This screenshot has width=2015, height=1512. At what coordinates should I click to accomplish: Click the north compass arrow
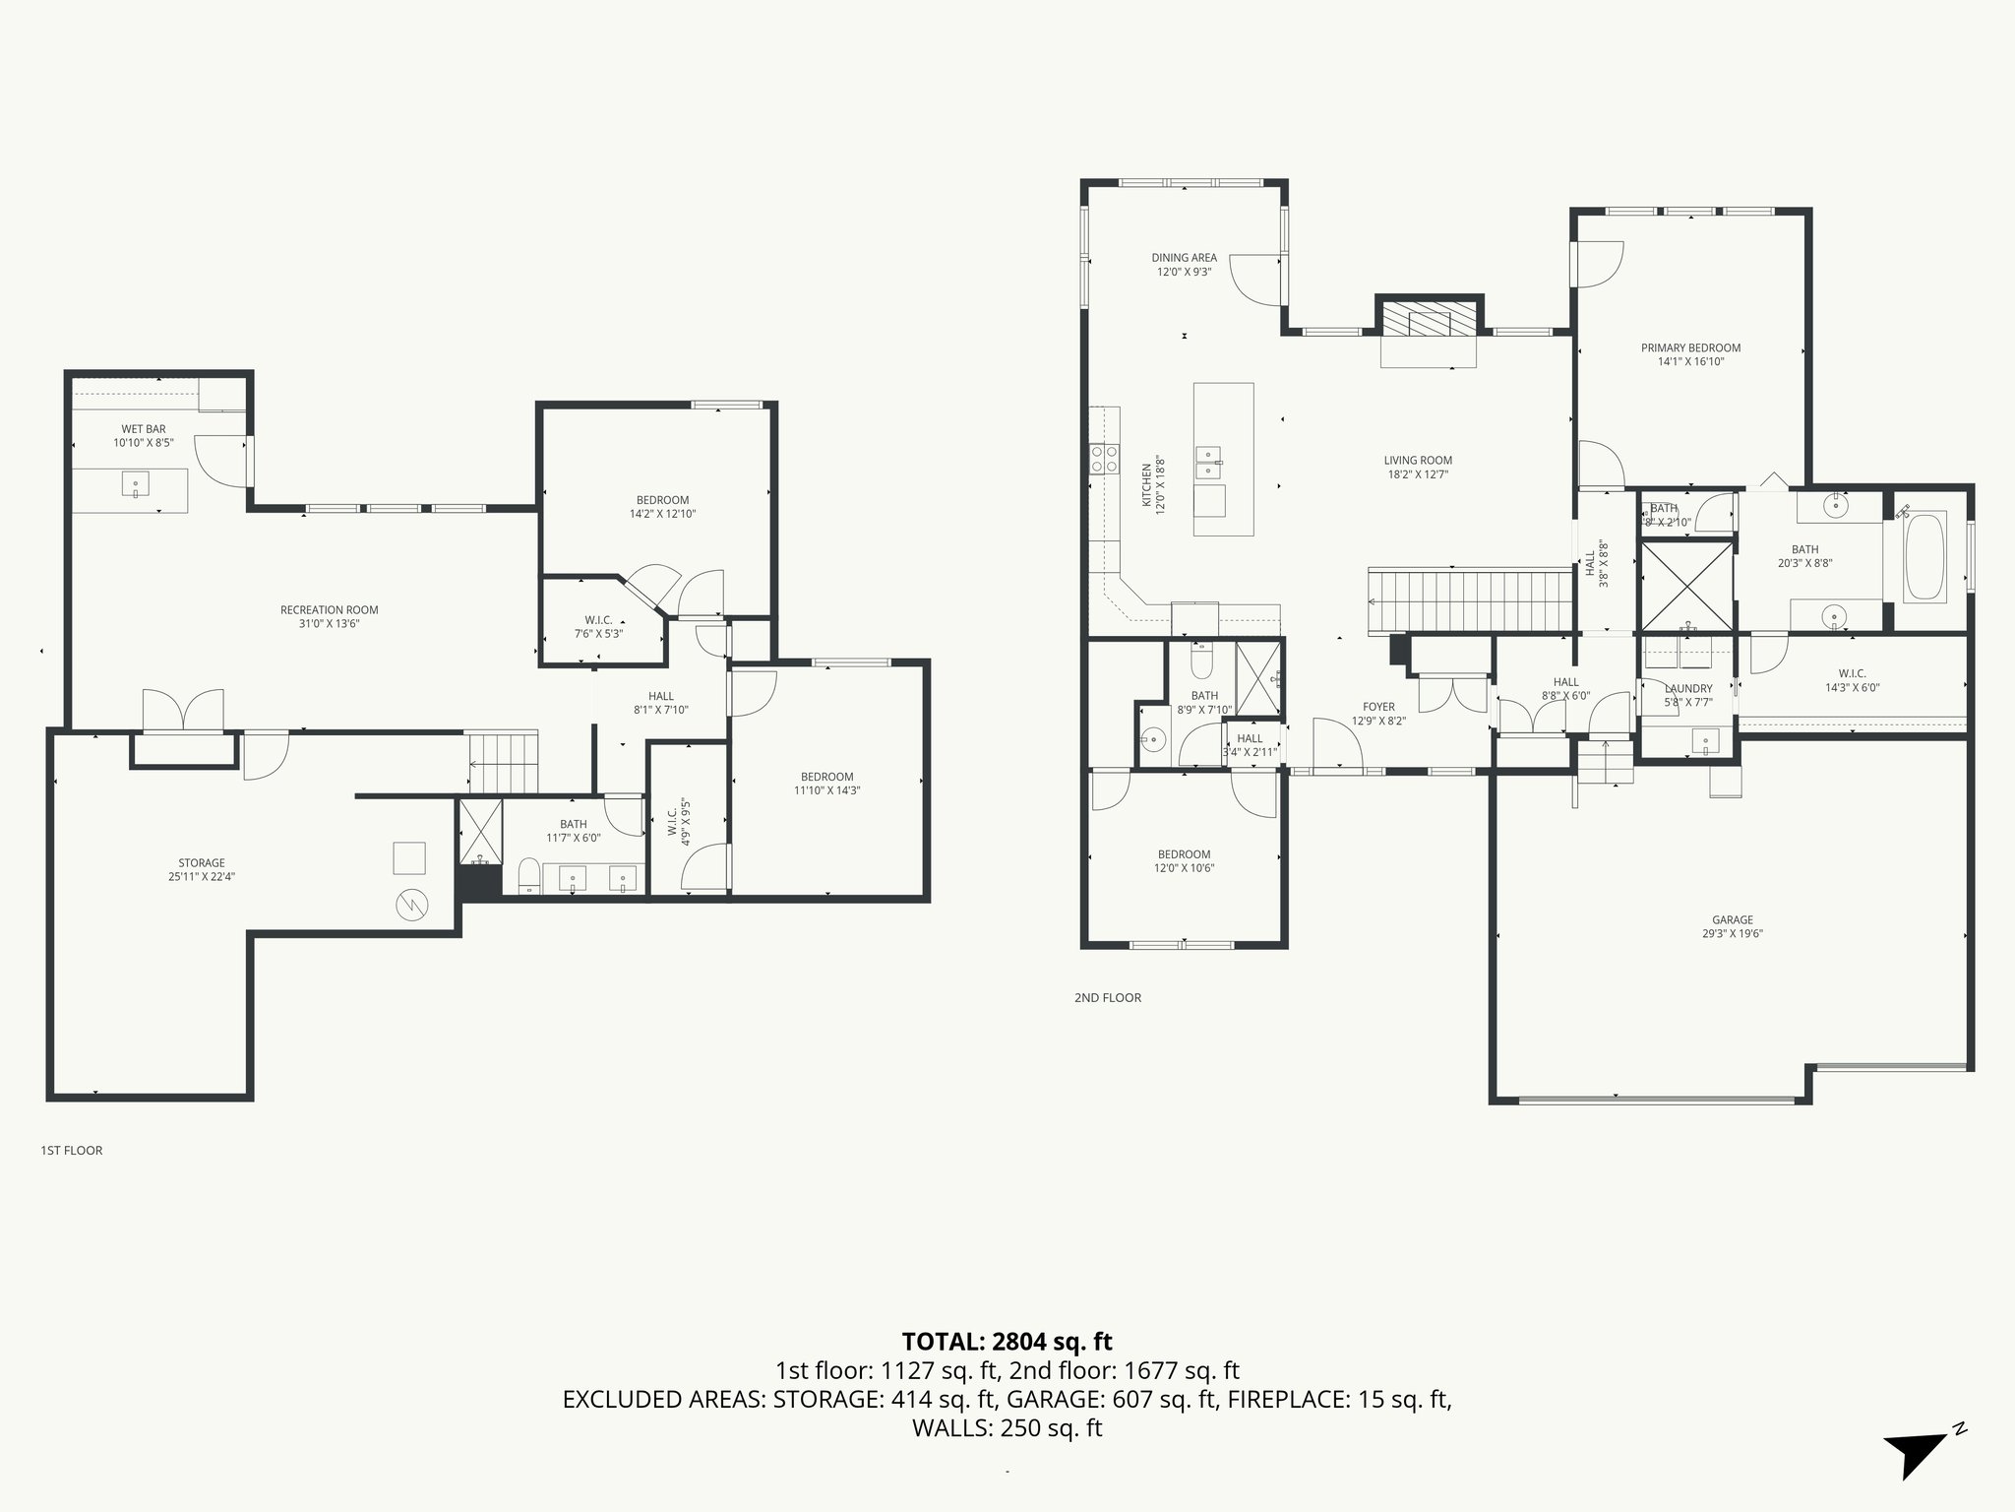tap(1915, 1453)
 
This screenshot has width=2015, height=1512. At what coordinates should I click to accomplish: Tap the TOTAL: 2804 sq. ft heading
tap(1007, 1341)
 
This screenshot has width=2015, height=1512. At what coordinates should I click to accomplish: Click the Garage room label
tap(1732, 920)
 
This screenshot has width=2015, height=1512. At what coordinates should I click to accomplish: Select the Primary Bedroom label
tap(1690, 347)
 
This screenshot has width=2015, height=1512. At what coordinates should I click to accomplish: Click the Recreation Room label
tap(329, 609)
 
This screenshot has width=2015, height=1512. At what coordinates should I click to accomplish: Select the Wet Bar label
tap(144, 429)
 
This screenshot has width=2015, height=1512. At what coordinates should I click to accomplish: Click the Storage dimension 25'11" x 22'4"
tap(201, 877)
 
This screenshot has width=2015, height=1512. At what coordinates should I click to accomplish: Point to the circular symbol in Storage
tap(411, 905)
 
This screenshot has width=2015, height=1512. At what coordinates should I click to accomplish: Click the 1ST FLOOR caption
tap(71, 1150)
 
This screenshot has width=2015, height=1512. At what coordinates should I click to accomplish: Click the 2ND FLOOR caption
tap(1107, 998)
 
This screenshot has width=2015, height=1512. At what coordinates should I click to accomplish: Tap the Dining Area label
tap(1184, 258)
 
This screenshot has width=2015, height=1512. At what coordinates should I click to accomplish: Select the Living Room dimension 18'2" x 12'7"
tap(1417, 474)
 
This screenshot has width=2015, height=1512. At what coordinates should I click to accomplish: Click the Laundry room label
tap(1688, 688)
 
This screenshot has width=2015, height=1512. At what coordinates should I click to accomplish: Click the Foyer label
tap(1378, 707)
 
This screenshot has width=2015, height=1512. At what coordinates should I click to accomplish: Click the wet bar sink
tap(136, 482)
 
